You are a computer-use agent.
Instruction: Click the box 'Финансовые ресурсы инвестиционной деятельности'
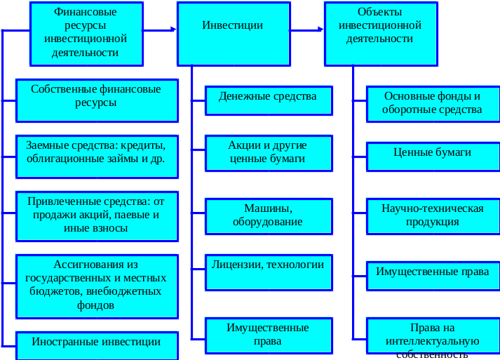point(86,33)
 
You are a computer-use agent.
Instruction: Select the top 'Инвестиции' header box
point(233,33)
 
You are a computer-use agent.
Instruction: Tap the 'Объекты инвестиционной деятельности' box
point(379,33)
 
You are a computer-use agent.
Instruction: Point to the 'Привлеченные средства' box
point(96,212)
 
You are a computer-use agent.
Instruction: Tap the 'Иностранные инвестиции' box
point(96,344)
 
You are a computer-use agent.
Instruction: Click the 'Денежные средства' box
point(268,100)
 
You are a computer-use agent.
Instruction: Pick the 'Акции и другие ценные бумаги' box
point(268,154)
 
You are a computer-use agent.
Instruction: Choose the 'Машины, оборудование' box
point(268,216)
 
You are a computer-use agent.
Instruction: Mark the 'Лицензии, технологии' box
point(268,269)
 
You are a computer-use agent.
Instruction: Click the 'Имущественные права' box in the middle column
point(268,334)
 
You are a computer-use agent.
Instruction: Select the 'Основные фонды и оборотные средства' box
point(432,103)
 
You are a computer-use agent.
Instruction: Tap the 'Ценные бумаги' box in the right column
point(432,156)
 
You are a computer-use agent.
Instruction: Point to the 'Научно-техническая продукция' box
point(432,216)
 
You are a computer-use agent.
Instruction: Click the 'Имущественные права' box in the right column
point(432,274)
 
